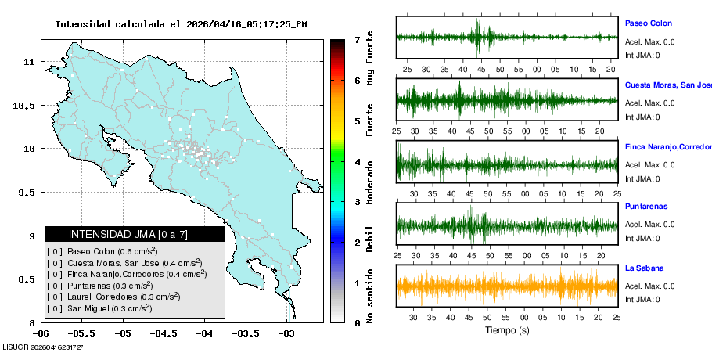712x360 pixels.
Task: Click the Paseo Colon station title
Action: point(648,23)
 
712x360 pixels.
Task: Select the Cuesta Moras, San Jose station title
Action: point(667,85)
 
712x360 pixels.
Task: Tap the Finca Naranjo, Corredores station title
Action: point(667,147)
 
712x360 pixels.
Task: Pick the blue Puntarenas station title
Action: point(646,207)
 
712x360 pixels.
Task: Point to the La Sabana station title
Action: point(644,268)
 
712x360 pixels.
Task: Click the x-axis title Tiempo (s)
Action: point(507,330)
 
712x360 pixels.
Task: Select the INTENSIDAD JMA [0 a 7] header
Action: point(135,234)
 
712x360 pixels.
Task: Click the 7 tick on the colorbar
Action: point(357,39)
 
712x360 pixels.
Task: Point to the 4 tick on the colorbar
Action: point(357,162)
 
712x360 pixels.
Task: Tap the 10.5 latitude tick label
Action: point(23,105)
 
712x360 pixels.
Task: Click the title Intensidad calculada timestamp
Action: point(181,24)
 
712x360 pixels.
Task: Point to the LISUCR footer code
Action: point(43,347)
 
